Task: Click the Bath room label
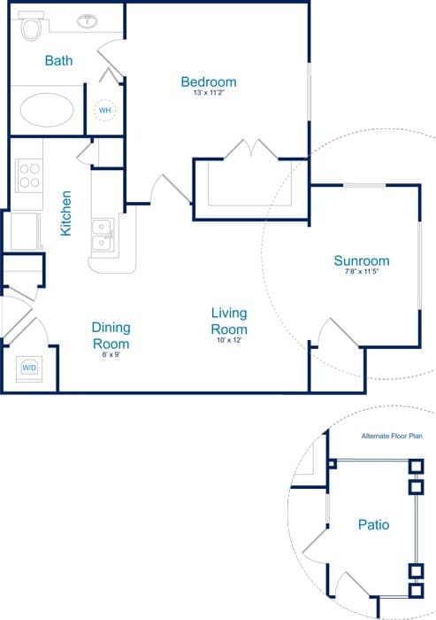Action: point(59,60)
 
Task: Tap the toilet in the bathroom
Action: point(31,26)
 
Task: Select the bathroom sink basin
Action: point(88,21)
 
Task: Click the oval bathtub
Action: point(47,110)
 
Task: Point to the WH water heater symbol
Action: point(104,111)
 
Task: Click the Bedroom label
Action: point(209,81)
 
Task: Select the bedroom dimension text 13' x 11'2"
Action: point(209,92)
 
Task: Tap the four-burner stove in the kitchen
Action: point(29,175)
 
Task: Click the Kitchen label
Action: point(65,213)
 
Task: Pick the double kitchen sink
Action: point(103,236)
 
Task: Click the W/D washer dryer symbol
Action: point(29,368)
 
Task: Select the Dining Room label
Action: point(111,336)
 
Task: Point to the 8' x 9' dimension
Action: point(111,354)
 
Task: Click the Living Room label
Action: point(229,321)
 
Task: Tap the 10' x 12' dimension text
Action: point(229,339)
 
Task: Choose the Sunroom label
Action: point(362,260)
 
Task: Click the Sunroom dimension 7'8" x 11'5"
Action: point(362,271)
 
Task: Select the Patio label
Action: point(373,524)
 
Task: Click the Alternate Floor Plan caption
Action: point(392,436)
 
